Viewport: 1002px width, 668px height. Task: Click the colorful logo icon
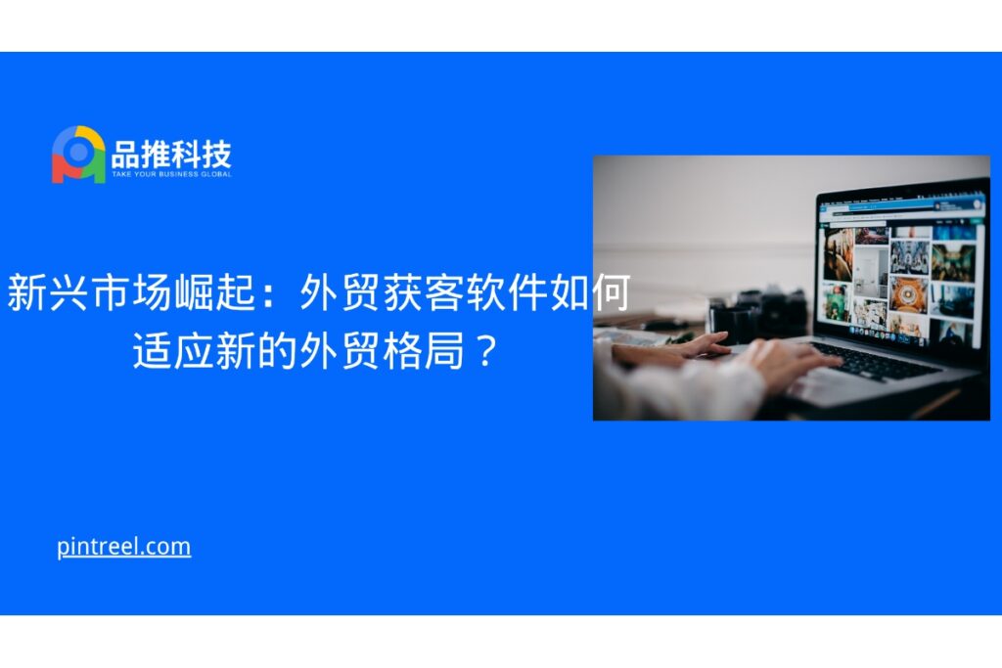(x=78, y=155)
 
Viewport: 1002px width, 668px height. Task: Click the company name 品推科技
(x=171, y=154)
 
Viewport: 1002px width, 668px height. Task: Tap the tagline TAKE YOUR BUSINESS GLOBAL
(x=171, y=174)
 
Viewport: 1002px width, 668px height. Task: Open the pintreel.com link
(x=124, y=547)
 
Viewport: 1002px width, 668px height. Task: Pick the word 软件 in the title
(x=507, y=293)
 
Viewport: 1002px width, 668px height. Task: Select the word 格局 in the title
(x=423, y=350)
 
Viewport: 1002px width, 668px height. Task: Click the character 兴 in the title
(x=68, y=293)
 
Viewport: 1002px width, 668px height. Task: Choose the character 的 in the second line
(x=277, y=350)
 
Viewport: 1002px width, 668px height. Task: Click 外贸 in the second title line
(x=340, y=350)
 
